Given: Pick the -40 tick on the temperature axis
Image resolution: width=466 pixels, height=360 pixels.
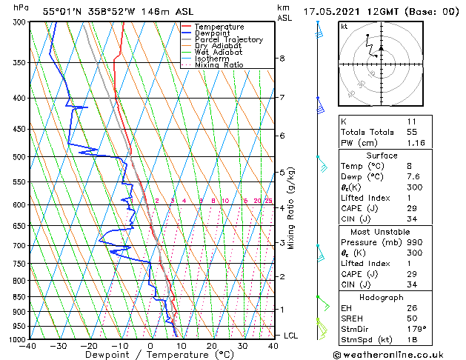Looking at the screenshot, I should click(x=29, y=346).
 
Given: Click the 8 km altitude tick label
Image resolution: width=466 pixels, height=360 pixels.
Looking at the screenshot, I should click(x=282, y=59).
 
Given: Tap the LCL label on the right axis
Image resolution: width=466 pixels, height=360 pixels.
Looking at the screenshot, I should click(x=291, y=336).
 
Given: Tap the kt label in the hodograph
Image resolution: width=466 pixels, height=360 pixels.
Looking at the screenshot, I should click(x=344, y=26).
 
